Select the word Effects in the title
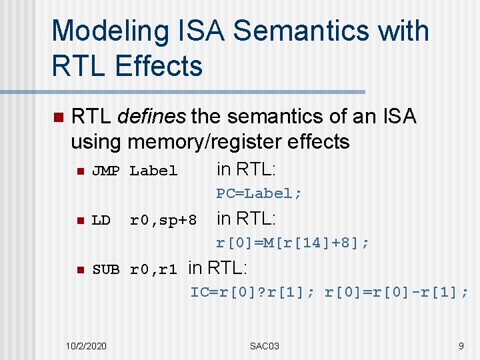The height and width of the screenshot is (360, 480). pyautogui.click(x=159, y=66)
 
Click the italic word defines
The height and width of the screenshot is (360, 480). pyautogui.click(x=151, y=117)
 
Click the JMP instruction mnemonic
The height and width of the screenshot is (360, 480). pyautogui.click(x=105, y=171)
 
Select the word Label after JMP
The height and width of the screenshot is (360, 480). pyautogui.click(x=153, y=171)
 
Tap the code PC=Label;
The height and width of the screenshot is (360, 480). pyautogui.click(x=259, y=193)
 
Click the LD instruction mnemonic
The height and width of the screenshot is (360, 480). pyautogui.click(x=101, y=220)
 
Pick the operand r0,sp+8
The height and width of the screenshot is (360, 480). pyautogui.click(x=163, y=220)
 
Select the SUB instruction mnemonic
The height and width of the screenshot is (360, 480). pyautogui.click(x=105, y=270)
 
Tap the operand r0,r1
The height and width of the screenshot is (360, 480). pyautogui.click(x=153, y=270)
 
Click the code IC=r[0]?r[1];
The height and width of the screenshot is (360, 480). pyautogui.click(x=254, y=292)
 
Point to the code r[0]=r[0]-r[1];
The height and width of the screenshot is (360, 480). pyautogui.click(x=397, y=292)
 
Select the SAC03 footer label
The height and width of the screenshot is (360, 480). pyautogui.click(x=265, y=346)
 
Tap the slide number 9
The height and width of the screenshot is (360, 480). pyautogui.click(x=461, y=346)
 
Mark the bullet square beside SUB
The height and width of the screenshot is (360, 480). pyautogui.click(x=78, y=270)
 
